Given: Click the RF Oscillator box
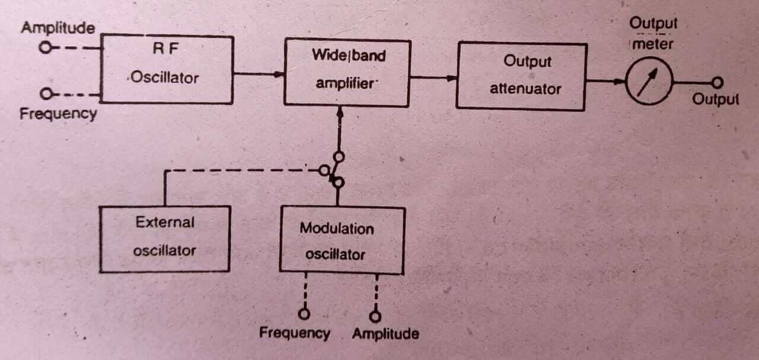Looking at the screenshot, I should [167, 69].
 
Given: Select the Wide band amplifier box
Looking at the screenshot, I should [347, 73].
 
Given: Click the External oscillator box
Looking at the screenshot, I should [164, 238].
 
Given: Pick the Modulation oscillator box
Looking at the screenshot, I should [342, 240].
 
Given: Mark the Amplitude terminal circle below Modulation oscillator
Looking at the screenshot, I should [375, 316].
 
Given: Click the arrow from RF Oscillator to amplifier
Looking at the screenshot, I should [259, 74].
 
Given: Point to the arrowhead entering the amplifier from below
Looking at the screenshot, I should [340, 111].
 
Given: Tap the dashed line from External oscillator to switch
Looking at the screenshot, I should [237, 170].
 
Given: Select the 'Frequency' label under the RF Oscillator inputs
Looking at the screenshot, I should [58, 113].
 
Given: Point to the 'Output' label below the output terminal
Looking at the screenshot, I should [715, 99].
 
